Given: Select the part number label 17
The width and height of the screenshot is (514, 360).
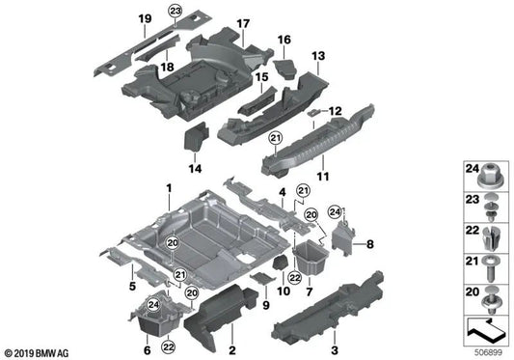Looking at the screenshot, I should tap(243, 23).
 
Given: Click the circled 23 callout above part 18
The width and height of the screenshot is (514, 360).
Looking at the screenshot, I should tap(175, 10).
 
